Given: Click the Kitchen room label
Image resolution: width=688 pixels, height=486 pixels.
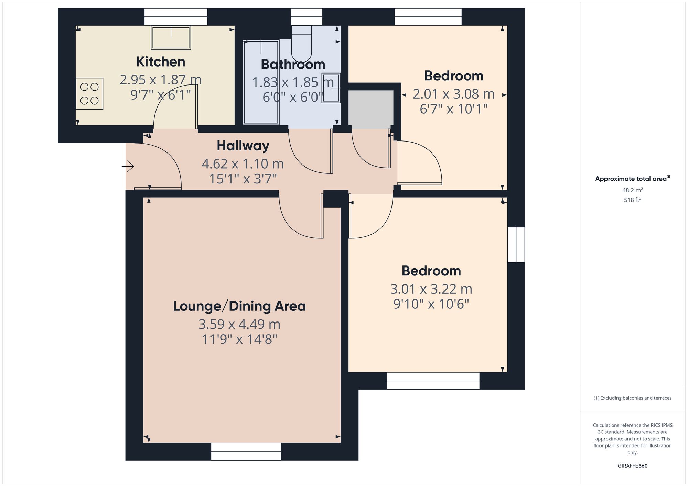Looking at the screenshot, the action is (161, 62).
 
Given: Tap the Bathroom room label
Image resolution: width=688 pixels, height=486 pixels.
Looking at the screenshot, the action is (293, 65).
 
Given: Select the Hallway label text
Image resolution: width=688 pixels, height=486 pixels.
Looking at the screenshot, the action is (243, 146).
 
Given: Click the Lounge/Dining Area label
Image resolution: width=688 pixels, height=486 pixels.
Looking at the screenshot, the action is (239, 306).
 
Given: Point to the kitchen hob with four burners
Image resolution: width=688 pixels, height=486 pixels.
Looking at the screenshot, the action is (89, 94).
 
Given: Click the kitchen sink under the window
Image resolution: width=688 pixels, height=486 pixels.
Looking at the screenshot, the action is (171, 38).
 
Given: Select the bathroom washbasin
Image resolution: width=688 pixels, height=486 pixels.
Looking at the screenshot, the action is (331, 88).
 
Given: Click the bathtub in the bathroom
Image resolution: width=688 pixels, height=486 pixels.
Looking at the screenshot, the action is (261, 82).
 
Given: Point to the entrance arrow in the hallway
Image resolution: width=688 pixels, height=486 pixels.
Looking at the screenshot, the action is (128, 166).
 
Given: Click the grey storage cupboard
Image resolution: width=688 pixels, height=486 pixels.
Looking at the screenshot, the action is (371, 108).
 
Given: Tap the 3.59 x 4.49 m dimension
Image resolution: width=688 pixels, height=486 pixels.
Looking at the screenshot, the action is (239, 324).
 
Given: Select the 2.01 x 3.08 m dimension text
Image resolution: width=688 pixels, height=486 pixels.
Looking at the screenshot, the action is (453, 94).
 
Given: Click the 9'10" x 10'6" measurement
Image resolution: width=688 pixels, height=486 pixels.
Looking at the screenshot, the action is (431, 304).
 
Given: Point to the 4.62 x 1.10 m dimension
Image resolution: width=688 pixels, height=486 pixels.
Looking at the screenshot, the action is (243, 164).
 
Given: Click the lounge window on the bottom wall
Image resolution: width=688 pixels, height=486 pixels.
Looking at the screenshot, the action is (246, 452).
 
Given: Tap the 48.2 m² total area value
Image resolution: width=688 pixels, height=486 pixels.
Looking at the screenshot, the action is (632, 190).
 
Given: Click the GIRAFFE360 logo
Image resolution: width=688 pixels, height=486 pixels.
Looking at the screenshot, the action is (632, 466).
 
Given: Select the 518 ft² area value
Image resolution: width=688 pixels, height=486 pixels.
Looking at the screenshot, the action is (632, 200).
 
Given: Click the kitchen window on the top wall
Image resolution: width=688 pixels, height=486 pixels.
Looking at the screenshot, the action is (176, 17).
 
